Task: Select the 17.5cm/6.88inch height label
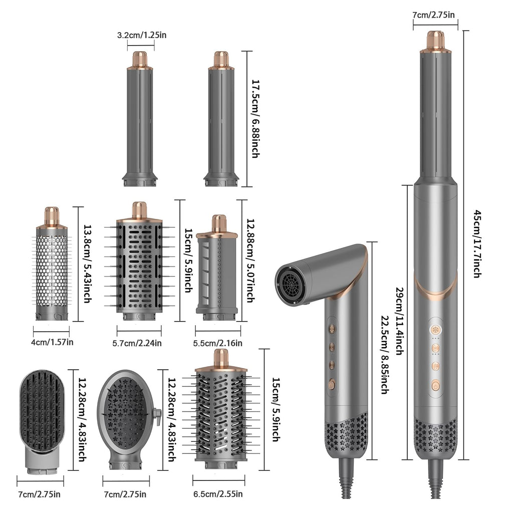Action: tap(254, 119)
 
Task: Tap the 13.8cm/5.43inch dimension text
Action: tap(87, 263)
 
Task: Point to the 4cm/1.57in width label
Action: tap(53, 342)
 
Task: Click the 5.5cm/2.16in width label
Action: tap(218, 343)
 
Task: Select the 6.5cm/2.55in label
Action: tap(218, 494)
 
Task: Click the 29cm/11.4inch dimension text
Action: tap(399, 320)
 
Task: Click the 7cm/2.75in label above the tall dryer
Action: tap(434, 15)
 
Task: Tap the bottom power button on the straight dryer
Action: tap(435, 386)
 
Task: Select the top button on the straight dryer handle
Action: tap(435, 330)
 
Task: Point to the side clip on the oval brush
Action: tap(157, 415)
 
